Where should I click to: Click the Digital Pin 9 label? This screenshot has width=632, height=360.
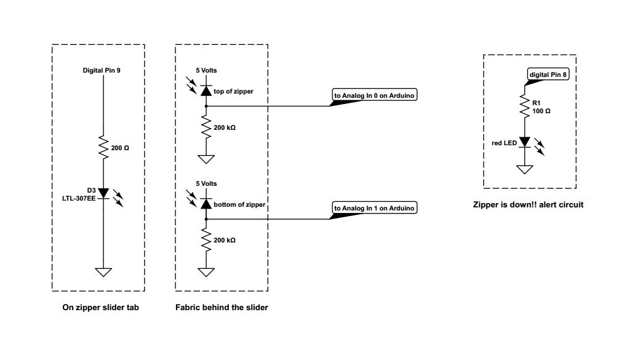[102, 71]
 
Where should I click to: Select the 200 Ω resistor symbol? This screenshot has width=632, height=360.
[103, 148]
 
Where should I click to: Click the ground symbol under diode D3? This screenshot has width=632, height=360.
[103, 272]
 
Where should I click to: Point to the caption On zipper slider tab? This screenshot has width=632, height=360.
[100, 307]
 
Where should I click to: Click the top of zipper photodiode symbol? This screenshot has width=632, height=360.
[206, 91]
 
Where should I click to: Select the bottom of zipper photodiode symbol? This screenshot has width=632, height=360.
[206, 204]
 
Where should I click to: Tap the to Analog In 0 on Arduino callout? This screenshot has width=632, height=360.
[375, 95]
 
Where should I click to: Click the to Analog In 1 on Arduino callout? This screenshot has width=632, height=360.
[375, 208]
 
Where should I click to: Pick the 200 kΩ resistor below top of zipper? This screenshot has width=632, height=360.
[206, 127]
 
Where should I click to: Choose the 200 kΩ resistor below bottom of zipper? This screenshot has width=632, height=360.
[206, 240]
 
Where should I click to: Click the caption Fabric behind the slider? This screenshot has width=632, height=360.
[222, 307]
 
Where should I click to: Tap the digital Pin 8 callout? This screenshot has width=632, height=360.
[548, 75]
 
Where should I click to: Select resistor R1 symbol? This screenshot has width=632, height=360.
[524, 106]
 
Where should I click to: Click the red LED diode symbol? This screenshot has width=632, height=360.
[524, 143]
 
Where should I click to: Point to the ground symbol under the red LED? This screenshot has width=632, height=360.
[524, 169]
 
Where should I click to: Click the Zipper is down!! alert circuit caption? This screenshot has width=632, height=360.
[527, 204]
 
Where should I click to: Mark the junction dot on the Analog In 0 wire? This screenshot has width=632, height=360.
[206, 106]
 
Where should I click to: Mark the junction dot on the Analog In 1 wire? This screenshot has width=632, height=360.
[206, 218]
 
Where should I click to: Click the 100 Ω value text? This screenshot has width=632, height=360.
[541, 111]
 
